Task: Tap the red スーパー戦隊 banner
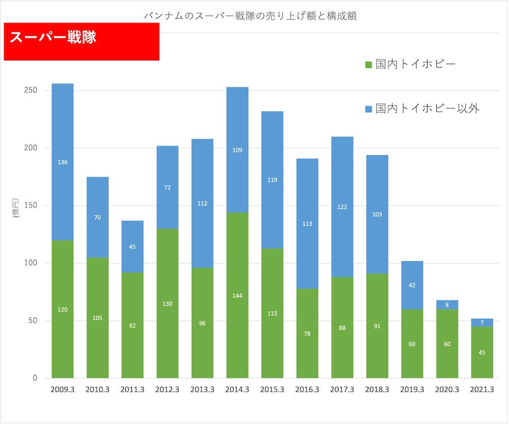click(81, 42)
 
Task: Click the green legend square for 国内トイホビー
click(369, 65)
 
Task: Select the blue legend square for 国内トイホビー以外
click(369, 109)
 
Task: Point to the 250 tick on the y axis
click(31, 90)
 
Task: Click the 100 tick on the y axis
click(31, 263)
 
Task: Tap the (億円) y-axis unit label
click(16, 209)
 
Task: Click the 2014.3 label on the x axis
click(237, 389)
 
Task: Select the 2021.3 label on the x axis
click(482, 389)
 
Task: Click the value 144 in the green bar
click(237, 295)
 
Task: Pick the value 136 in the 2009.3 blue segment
click(63, 162)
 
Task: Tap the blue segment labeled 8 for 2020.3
click(447, 305)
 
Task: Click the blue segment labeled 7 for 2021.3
click(482, 323)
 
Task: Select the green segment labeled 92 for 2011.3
click(132, 325)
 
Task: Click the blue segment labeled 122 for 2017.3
click(342, 206)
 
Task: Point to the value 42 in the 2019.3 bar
click(412, 285)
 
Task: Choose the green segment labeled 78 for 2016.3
click(307, 334)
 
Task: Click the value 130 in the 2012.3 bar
click(167, 304)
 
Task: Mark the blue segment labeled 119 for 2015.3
click(272, 179)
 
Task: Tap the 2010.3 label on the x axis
click(98, 389)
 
